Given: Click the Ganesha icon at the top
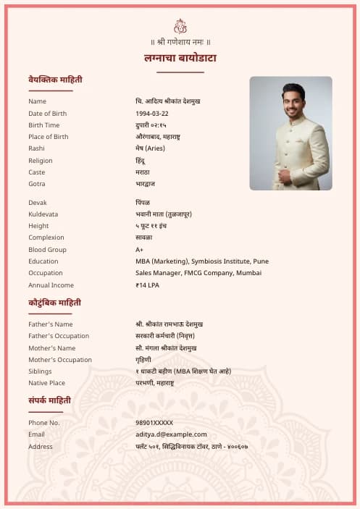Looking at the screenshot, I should [180, 26].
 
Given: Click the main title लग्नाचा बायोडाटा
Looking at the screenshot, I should [180, 58].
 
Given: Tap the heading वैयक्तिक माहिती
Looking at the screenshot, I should [54, 79].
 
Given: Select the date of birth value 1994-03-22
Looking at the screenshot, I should [152, 114].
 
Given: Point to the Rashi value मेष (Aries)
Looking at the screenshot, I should [151, 148].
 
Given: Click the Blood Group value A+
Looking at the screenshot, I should [140, 250].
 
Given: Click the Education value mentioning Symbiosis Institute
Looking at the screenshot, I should [202, 261].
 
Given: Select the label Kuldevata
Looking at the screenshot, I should [43, 214].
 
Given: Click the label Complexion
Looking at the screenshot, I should [46, 237].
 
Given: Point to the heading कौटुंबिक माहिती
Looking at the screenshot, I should [54, 303].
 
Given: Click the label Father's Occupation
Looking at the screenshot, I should [59, 336].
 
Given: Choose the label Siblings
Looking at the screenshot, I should [41, 371].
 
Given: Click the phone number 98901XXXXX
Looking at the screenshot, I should [154, 423].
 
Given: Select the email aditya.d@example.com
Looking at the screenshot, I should [171, 434].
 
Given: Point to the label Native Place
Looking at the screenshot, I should [46, 383].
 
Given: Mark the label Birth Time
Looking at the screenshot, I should [44, 125].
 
